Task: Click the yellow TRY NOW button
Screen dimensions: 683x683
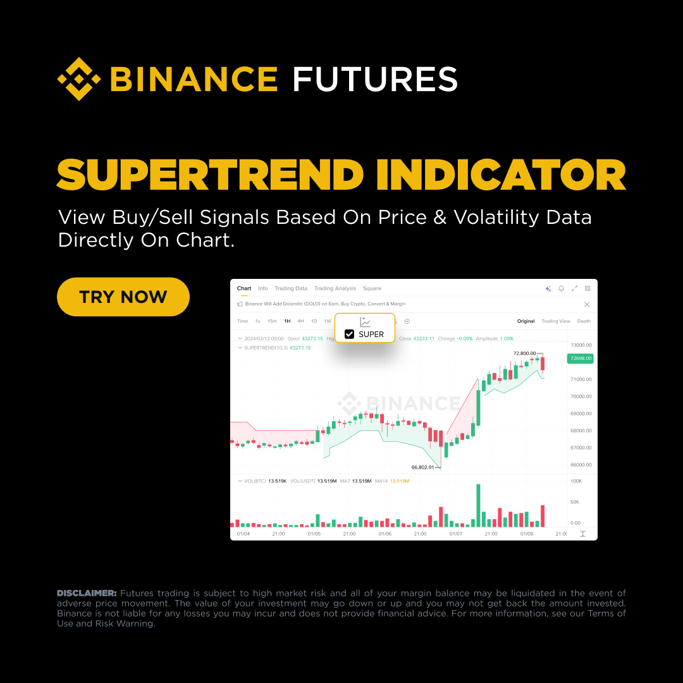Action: (x=123, y=297)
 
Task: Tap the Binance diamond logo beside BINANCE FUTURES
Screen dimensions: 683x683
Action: (x=79, y=79)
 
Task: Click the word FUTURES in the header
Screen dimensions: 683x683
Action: (x=375, y=80)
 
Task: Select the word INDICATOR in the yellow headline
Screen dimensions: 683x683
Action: (x=501, y=175)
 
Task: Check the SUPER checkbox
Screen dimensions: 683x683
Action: (x=349, y=334)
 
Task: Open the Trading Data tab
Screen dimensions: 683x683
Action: (x=291, y=288)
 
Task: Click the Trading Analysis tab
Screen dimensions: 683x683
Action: (x=335, y=288)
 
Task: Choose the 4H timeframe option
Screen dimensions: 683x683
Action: (x=300, y=321)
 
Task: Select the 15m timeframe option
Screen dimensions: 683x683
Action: (x=272, y=321)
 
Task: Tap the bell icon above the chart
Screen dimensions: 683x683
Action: (x=561, y=288)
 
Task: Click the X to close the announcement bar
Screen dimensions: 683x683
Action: (x=586, y=304)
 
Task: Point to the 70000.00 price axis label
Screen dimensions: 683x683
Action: (x=581, y=397)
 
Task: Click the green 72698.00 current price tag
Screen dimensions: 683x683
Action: (x=581, y=359)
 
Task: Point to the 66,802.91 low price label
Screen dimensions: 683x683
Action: (x=422, y=467)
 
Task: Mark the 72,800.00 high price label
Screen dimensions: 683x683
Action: (x=524, y=354)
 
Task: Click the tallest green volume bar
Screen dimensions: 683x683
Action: (x=479, y=505)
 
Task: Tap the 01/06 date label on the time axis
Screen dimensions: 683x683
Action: (x=385, y=534)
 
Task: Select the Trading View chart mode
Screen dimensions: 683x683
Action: (x=555, y=321)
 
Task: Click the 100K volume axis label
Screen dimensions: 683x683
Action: (x=575, y=481)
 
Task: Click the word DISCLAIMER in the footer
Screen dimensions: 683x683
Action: (x=87, y=593)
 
